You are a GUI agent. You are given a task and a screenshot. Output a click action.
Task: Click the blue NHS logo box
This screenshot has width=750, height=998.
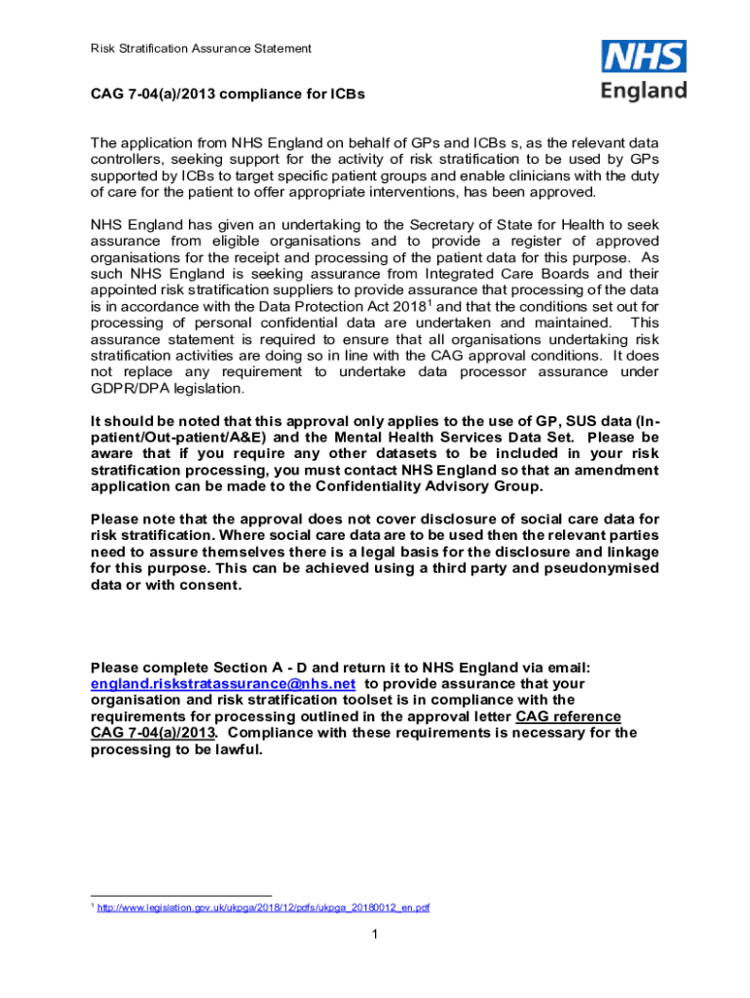[x=643, y=58]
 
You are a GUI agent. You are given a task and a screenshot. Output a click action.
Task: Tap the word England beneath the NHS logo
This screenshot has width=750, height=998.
[x=643, y=92]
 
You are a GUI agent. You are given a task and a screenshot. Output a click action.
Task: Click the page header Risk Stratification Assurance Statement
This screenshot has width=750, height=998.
[x=200, y=48]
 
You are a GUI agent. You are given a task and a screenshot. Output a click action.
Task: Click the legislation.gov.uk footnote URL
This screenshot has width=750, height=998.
[x=263, y=907]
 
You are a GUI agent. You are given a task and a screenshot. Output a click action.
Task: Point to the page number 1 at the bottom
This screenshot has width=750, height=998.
[x=374, y=936]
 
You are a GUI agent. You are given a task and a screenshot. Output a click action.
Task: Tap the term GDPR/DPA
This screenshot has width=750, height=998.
[x=132, y=389]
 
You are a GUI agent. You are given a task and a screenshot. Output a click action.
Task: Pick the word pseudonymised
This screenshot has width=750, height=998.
[x=605, y=568]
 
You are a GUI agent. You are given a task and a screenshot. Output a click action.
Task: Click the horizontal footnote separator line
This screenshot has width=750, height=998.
[x=180, y=895]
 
